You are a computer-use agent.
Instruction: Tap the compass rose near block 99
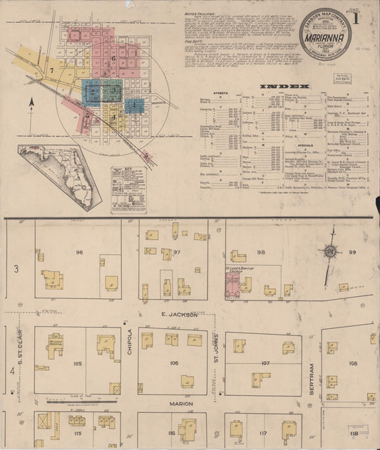(331, 251)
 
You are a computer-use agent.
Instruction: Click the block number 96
(80, 253)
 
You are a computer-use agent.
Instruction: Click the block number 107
(265, 363)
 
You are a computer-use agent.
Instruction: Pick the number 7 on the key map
(51, 71)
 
